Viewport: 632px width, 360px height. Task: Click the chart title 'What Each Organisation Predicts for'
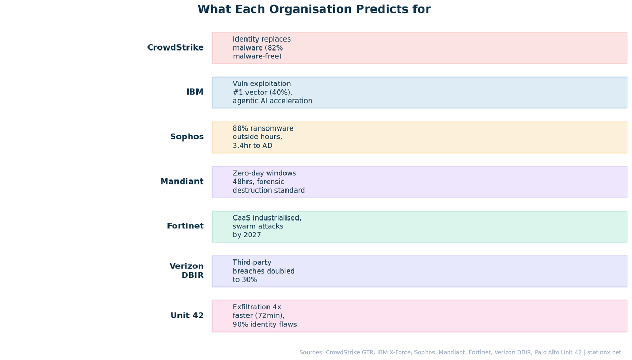[314, 9]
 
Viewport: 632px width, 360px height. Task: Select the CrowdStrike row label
[175, 47]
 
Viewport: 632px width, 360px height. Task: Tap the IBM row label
[195, 92]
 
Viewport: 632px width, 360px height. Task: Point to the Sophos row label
[186, 137]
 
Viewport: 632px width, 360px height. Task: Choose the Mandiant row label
[182, 182]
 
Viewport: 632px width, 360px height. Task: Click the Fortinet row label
[185, 226]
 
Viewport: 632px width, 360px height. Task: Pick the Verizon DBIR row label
[186, 271]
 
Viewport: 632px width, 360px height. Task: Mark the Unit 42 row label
[186, 316]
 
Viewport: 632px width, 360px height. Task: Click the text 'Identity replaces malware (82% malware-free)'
[261, 47]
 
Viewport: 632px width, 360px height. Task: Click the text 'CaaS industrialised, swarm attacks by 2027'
[266, 226]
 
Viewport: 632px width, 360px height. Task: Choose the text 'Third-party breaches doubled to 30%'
[263, 271]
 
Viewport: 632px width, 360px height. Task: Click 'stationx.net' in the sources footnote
[604, 352]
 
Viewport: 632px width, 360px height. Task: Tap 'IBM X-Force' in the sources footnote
[393, 352]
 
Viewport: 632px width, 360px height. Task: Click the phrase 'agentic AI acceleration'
[272, 101]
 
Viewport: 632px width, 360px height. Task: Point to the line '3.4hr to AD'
[252, 146]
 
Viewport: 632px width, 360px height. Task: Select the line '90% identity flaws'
[264, 325]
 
